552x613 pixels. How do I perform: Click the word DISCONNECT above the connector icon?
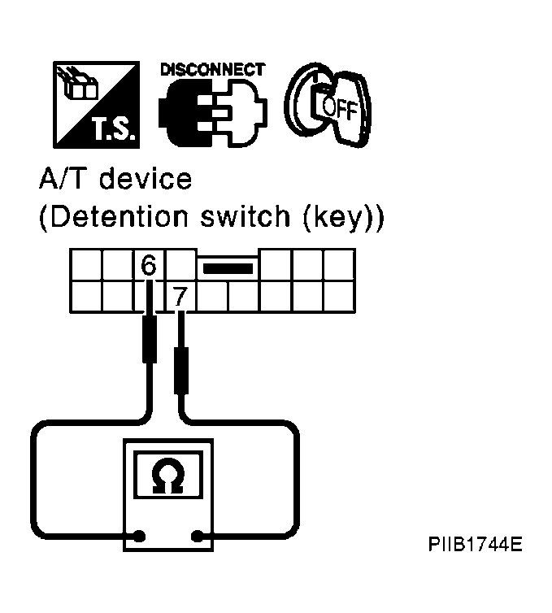coord(213,70)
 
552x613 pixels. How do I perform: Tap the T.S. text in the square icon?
coord(115,128)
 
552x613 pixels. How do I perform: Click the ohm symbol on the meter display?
coord(168,476)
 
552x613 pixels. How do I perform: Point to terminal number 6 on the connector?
coord(149,265)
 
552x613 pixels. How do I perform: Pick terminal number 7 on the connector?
coord(180,297)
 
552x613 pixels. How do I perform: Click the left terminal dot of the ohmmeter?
coord(140,536)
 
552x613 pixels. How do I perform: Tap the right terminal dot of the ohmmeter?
coord(198,536)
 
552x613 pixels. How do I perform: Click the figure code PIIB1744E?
coord(475,544)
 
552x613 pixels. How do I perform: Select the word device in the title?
coord(146,179)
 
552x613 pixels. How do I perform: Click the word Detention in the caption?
coord(120,215)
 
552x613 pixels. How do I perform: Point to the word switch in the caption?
coord(246,215)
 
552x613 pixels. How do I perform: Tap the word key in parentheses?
coord(337,217)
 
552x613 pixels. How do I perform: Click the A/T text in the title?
coord(65,179)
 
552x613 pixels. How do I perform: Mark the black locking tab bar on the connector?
coord(228,268)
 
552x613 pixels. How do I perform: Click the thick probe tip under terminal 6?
coord(150,339)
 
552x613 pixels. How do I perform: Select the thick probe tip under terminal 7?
coord(181,370)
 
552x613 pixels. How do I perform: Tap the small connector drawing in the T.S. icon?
coord(78,84)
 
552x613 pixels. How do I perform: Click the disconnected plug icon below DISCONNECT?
coord(213,112)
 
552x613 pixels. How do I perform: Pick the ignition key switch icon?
coord(328,104)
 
